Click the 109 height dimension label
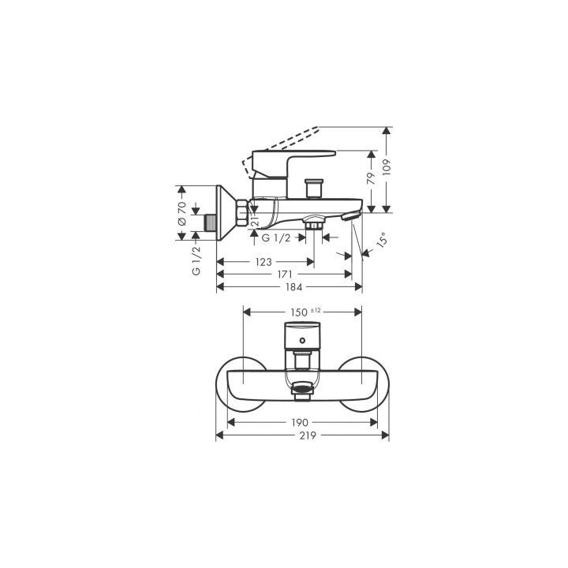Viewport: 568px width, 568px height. pos(387,167)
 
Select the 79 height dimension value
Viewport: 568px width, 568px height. pos(372,178)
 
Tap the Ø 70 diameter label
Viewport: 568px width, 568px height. pos(182,214)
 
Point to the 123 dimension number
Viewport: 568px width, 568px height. pos(263,262)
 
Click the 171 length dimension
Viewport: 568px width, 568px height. pos(285,275)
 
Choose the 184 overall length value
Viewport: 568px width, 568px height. pos(293,287)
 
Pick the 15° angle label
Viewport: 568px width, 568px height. pos(382,240)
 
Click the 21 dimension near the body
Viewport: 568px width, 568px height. pos(255,222)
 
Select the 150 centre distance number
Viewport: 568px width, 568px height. pos(299,312)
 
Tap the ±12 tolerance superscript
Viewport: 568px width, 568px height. pos(316,310)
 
